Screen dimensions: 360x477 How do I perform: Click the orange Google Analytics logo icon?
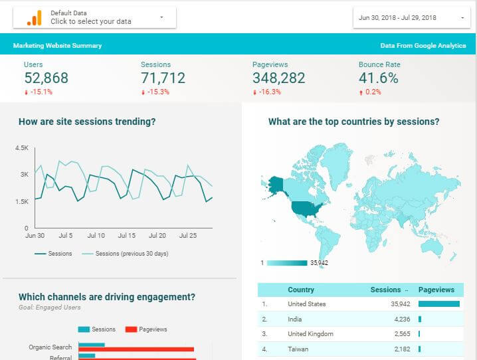tap(34, 18)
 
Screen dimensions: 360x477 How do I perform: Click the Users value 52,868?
tap(46, 78)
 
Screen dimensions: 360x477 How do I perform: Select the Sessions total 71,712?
tap(163, 78)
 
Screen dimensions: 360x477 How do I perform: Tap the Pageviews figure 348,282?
tap(278, 78)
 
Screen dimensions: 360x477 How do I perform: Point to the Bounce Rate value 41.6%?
tap(378, 78)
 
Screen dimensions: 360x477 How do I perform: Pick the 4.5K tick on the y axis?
tap(22, 148)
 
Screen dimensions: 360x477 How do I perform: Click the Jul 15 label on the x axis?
tap(127, 236)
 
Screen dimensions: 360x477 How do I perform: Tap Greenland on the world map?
tap(336, 159)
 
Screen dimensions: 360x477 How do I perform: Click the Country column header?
tap(301, 290)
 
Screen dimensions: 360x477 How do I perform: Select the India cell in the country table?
tap(295, 319)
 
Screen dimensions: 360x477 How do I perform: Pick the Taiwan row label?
tap(297, 349)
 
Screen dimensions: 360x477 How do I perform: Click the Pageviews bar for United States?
tap(438, 304)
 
